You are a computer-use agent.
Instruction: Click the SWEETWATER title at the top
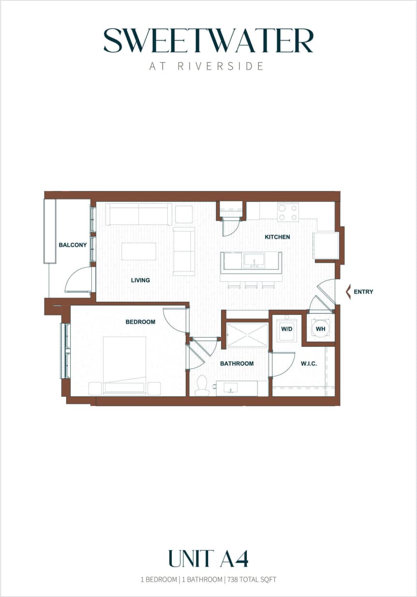(x=208, y=41)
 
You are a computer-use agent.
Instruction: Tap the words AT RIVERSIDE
(x=207, y=66)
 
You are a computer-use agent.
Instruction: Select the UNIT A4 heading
(x=208, y=559)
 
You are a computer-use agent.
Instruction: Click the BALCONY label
(x=73, y=245)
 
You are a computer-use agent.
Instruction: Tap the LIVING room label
(x=140, y=280)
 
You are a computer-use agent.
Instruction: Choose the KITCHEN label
(x=277, y=237)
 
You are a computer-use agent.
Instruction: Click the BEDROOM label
(x=140, y=322)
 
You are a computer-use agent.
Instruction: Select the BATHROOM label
(x=237, y=363)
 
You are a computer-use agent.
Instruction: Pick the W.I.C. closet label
(x=309, y=363)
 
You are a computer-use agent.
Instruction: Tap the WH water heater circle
(x=320, y=329)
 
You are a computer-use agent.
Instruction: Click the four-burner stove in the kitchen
(x=288, y=212)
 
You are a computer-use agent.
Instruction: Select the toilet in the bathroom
(x=202, y=387)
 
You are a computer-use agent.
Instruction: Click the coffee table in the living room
(x=139, y=252)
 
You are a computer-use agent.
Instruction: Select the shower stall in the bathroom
(x=247, y=335)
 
